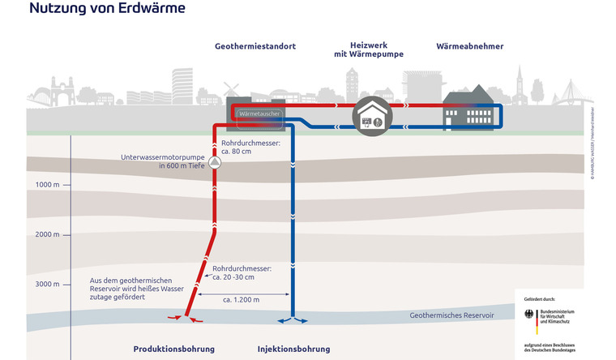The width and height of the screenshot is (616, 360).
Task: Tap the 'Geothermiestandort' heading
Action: point(255,47)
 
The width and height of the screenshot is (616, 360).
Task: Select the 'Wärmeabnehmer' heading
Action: point(469,47)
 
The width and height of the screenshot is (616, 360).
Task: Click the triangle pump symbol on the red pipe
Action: point(215,162)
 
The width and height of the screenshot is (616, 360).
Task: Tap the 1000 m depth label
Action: point(48,185)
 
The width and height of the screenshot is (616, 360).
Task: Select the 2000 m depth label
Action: point(48,234)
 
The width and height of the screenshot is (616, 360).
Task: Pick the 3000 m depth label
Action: point(48,284)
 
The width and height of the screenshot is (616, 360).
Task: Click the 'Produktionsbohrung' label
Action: point(174,349)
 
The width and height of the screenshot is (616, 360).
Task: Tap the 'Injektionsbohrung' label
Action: point(293,349)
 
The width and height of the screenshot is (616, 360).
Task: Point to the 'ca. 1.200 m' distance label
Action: point(242,300)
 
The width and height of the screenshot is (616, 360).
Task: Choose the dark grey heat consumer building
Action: point(468,109)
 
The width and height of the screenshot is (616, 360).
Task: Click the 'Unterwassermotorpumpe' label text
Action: point(160,157)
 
